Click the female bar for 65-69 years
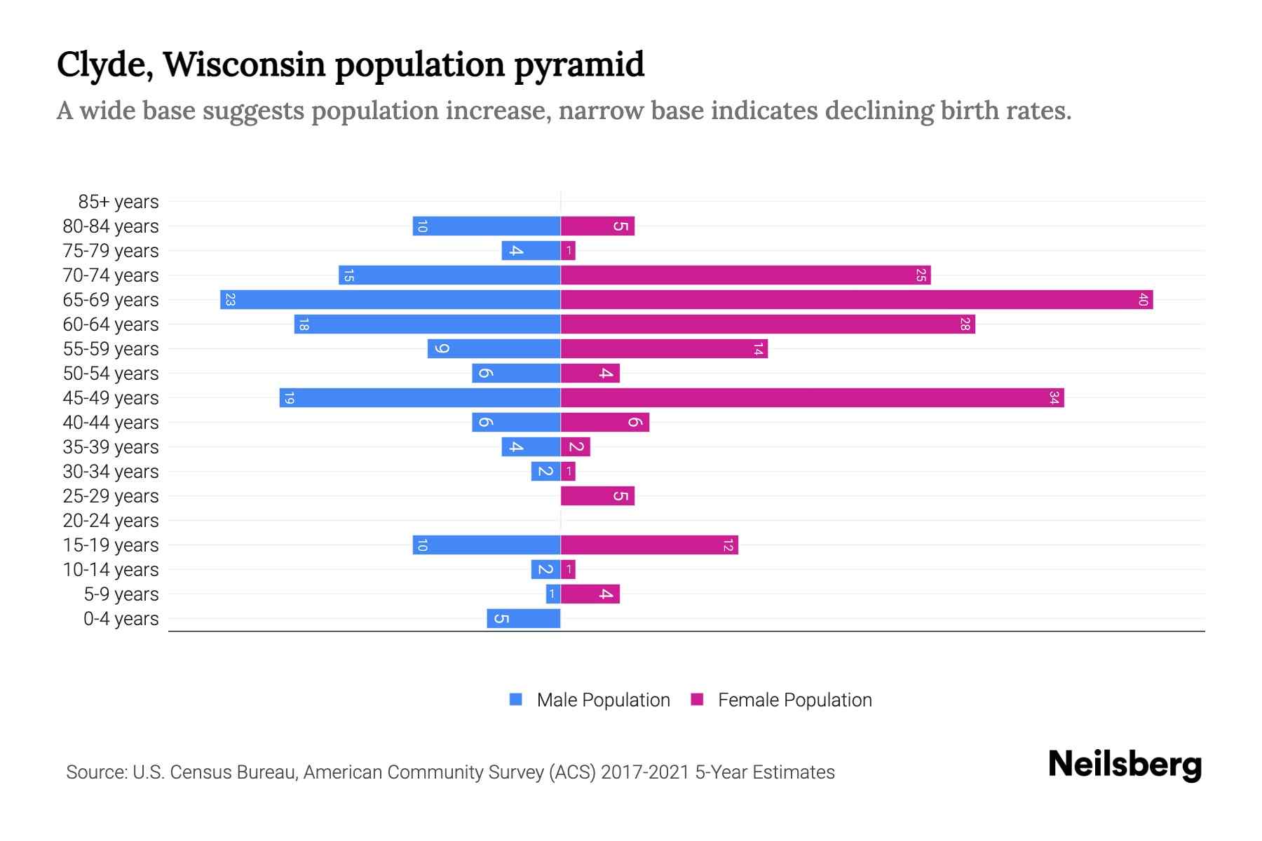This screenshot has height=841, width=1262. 855,300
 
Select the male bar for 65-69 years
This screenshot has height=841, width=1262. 390,300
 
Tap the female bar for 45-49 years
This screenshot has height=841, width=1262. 812,398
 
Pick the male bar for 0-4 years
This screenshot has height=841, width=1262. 524,619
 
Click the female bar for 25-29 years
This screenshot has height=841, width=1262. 597,496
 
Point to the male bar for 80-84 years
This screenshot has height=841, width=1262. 487,226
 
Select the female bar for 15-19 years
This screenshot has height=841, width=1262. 649,545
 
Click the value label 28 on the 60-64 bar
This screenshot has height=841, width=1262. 965,324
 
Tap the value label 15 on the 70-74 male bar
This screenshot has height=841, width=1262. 348,275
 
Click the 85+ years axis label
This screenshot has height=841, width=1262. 118,202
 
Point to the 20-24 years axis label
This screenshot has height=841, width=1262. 111,521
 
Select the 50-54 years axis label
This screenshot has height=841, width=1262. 111,374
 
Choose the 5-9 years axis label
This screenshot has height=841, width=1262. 121,594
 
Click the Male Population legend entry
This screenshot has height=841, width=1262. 602,700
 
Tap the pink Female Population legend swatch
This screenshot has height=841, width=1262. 697,699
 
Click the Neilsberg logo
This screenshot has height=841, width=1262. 1125,765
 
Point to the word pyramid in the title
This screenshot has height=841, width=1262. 579,65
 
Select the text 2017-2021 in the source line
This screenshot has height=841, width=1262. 645,772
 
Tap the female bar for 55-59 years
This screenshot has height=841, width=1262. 664,349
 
